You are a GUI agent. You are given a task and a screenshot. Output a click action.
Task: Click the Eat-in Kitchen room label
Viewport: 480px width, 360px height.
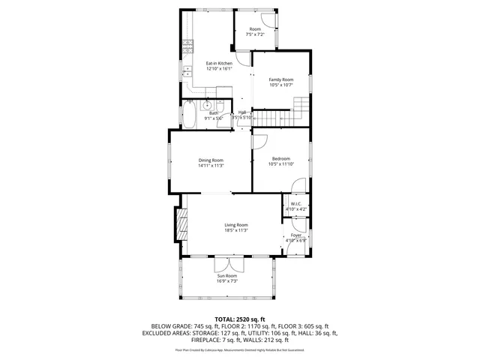tap(219, 63)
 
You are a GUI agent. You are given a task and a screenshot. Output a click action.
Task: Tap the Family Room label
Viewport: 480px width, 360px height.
tap(281, 79)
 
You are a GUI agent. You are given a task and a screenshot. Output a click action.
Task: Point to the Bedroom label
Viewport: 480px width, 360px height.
tap(281, 158)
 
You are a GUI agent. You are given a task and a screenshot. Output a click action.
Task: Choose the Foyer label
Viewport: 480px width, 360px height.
tap(296, 235)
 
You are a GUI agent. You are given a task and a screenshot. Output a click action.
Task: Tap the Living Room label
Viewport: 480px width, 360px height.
tap(236, 225)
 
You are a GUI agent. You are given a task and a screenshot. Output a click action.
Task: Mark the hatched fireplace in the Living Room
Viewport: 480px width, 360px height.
tap(180, 223)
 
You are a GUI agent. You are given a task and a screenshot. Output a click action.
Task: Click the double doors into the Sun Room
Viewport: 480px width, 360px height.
tap(227, 264)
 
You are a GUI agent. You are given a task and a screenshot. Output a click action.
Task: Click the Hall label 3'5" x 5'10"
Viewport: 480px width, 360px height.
tap(241, 115)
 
